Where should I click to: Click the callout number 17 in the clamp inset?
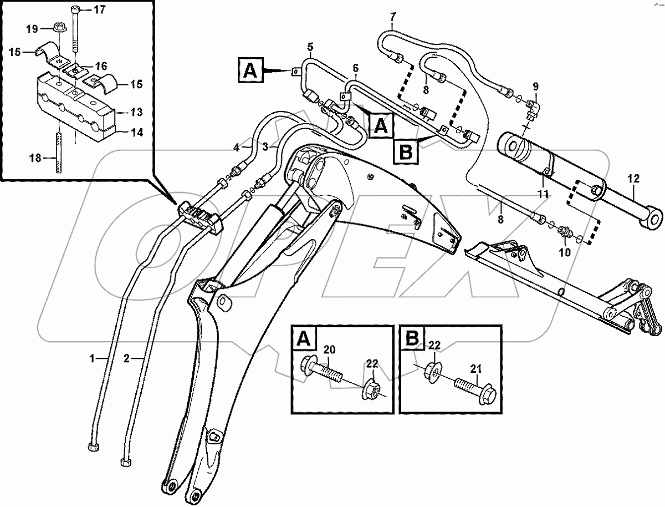tap(98, 9)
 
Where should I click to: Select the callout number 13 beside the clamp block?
tap(136, 112)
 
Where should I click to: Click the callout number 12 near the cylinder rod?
tap(633, 179)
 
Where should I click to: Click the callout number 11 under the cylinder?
tap(543, 195)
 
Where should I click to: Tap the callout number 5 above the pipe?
tap(310, 45)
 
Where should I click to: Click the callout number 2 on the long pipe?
tap(126, 359)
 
